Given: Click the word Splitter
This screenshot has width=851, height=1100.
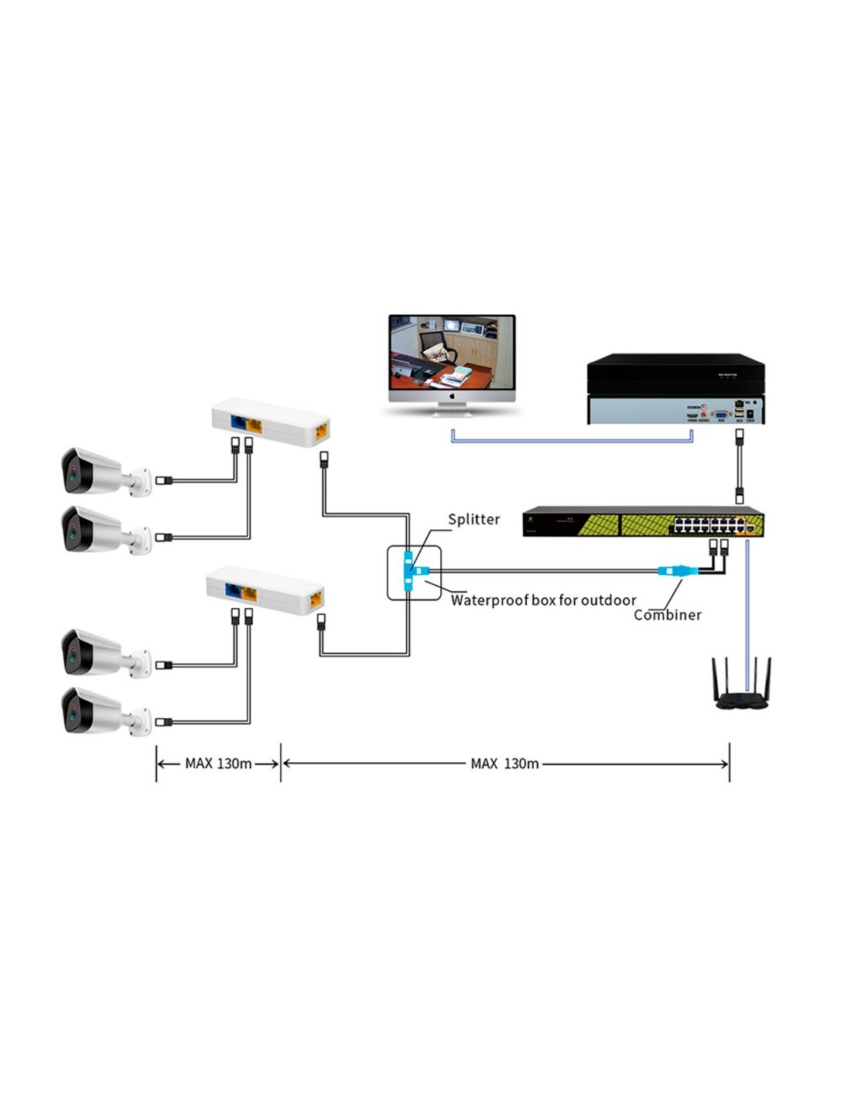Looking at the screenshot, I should [x=473, y=519].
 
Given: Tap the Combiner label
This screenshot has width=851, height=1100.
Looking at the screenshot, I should [x=667, y=615].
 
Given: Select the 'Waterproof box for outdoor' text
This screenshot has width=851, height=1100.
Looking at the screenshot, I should [x=543, y=600].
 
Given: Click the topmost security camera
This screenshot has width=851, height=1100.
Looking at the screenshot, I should [x=97, y=471].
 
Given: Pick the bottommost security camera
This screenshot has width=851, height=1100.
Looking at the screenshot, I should [x=97, y=711].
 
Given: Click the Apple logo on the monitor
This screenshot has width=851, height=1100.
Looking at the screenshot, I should [x=452, y=396].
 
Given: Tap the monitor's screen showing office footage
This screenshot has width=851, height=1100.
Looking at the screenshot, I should [x=452, y=352].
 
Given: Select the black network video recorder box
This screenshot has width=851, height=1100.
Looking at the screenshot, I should [x=675, y=388].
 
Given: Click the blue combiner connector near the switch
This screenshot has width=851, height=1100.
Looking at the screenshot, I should [x=675, y=571].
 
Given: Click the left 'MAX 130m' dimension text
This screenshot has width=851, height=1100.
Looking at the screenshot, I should [x=218, y=764].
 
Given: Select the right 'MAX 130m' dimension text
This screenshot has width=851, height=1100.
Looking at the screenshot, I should [x=504, y=764].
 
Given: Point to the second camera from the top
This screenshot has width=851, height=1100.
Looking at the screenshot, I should [x=97, y=530].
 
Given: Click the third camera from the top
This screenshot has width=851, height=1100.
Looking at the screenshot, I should [x=97, y=653].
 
